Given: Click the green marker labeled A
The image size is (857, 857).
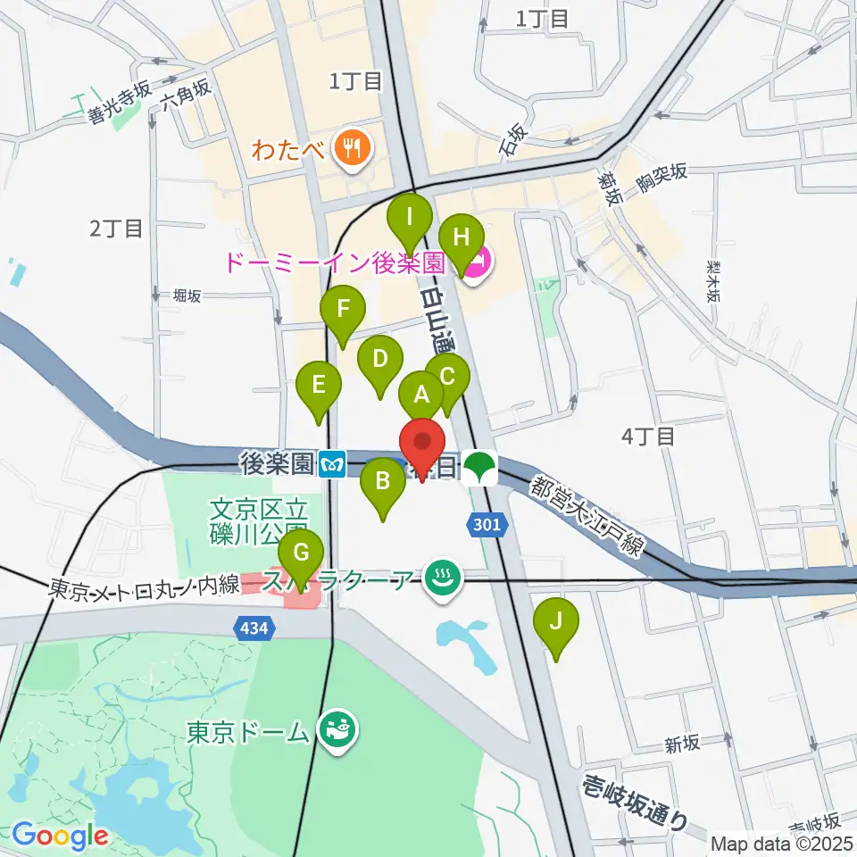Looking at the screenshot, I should pyautogui.click(x=420, y=394).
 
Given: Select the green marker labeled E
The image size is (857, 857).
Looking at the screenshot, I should pyautogui.click(x=318, y=386).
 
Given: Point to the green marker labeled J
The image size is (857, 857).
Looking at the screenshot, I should pyautogui.click(x=556, y=621).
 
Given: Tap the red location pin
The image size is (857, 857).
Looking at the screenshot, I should pyautogui.click(x=421, y=445).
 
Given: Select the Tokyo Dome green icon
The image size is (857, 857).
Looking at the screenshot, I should pyautogui.click(x=337, y=731).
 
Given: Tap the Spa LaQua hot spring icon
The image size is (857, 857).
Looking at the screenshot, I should pyautogui.click(x=439, y=578).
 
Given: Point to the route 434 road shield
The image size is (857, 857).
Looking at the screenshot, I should pyautogui.click(x=255, y=629).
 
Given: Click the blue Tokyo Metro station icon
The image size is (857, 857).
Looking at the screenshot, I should pyautogui.click(x=331, y=464).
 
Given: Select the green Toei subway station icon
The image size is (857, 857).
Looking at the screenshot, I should pyautogui.click(x=480, y=466).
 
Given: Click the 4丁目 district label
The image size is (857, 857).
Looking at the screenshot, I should pyautogui.click(x=647, y=437).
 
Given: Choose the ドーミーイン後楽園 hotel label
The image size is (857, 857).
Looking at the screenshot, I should pyautogui.click(x=333, y=263).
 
